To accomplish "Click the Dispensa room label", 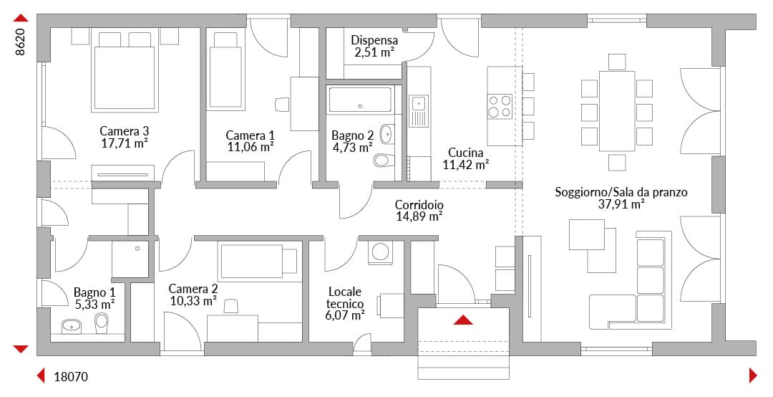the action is tap(374, 41).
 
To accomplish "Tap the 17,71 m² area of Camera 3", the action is tap(125, 143).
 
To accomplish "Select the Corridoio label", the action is tap(419, 205).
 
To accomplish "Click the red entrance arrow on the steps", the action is tap(463, 320).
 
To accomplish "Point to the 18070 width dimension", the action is tap(70, 377).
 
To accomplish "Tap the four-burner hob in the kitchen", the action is tap(500, 107).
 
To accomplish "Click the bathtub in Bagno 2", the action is tap(360, 100).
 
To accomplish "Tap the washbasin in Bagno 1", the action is tap(72, 326).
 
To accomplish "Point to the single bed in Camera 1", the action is tap(225, 71).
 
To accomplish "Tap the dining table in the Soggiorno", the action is tap(617, 111).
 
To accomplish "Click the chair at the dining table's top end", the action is tap(617, 62).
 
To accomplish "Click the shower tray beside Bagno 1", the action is tap(130, 259).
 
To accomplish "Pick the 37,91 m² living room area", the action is tap(621, 204).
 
